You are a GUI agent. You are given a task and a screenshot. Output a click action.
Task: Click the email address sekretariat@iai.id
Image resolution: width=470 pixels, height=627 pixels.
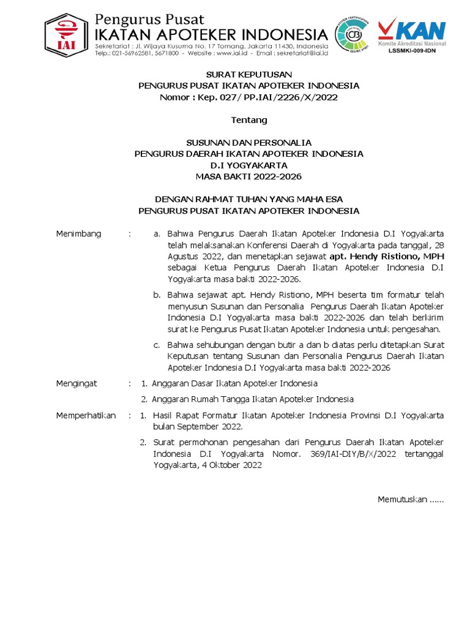click(294, 54)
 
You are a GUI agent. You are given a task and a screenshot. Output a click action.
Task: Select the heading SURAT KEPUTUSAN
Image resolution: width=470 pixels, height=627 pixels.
click(248, 74)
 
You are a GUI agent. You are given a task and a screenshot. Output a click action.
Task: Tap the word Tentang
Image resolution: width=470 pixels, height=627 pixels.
click(248, 119)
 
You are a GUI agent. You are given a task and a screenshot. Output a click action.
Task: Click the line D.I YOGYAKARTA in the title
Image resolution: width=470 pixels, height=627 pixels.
click(248, 165)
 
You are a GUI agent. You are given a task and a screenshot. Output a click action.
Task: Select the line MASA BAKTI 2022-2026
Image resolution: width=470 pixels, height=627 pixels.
click(248, 176)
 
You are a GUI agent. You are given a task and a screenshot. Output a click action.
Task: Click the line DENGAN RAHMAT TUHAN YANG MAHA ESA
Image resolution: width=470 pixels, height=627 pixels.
click(248, 199)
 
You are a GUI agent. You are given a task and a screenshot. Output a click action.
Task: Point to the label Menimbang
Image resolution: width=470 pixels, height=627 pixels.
click(78, 234)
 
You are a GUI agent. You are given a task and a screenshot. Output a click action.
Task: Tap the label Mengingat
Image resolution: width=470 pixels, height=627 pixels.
click(76, 383)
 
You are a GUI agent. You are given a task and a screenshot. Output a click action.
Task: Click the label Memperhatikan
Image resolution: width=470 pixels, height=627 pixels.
click(86, 415)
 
